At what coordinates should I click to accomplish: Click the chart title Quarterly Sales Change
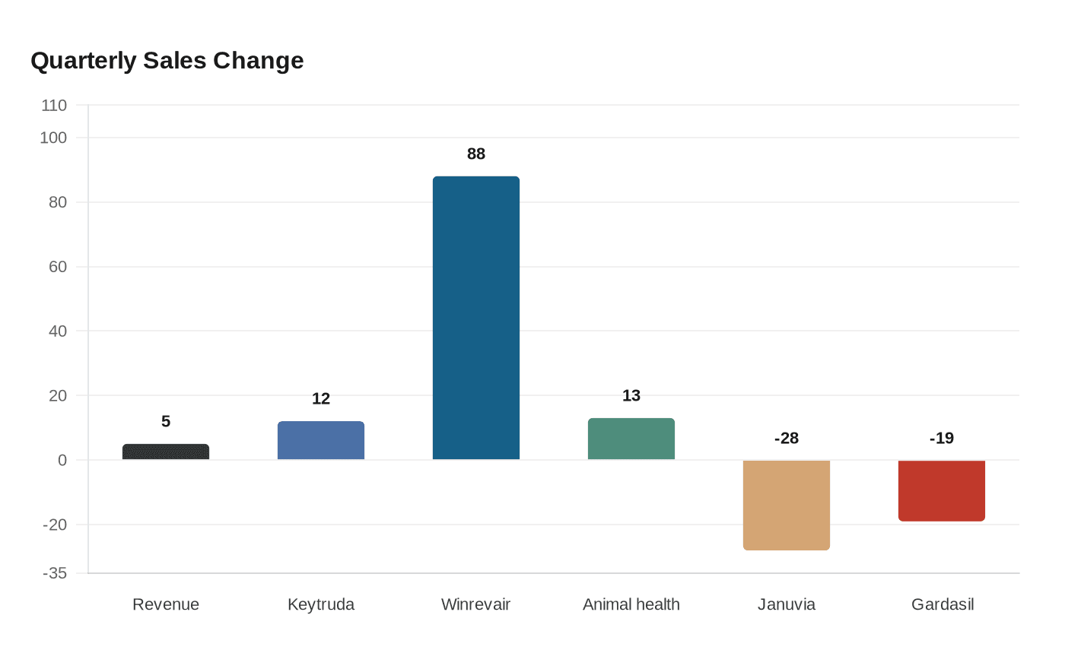(x=167, y=60)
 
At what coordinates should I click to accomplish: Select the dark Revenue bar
(x=166, y=452)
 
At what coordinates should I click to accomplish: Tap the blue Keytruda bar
(x=321, y=440)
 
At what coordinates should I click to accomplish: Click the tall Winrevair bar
(x=476, y=318)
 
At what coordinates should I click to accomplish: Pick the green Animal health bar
(x=631, y=439)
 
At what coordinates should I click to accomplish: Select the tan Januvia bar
(x=787, y=505)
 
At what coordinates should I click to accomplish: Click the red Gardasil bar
(x=942, y=490)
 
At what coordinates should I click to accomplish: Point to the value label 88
(x=476, y=154)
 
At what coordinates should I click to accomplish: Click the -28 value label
(x=787, y=438)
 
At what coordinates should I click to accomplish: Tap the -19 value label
(x=942, y=438)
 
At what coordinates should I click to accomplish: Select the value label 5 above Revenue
(x=166, y=421)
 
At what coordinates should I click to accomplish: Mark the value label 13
(x=631, y=395)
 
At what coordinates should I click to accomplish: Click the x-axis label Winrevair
(x=476, y=604)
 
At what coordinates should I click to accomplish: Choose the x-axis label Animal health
(x=631, y=604)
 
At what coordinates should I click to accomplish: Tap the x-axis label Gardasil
(x=943, y=604)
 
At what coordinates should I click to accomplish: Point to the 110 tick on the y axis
(x=54, y=105)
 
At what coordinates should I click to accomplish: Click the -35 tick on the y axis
(x=54, y=573)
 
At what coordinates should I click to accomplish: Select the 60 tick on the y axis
(x=58, y=267)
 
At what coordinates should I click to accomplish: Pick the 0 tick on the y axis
(x=62, y=460)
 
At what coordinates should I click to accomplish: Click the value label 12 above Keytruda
(x=321, y=398)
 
